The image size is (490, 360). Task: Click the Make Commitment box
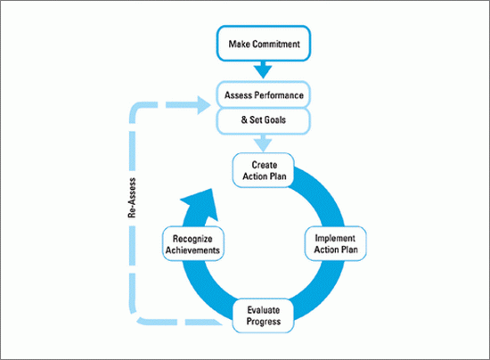coord(264,44)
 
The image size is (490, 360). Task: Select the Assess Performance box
coord(264,94)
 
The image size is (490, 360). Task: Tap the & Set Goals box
coord(264,121)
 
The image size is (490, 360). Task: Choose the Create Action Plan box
coord(264,170)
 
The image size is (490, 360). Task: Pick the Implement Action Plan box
coord(336,244)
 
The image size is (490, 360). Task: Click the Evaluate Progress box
coord(263,315)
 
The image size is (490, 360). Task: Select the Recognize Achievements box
coord(193,244)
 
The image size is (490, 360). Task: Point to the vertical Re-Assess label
coord(132,198)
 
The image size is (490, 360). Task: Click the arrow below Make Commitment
coord(263,70)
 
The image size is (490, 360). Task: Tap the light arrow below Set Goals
coord(263,143)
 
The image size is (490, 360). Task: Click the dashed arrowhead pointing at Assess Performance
coord(204,105)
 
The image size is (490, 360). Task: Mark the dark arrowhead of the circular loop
coord(201,203)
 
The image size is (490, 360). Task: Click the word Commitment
coord(276,44)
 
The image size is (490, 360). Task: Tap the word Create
coord(265,165)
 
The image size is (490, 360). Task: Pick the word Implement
coord(335,239)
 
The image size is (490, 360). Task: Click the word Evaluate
coord(264,310)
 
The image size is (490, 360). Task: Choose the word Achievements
coord(192,250)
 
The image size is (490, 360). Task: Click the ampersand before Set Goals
coord(244,119)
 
